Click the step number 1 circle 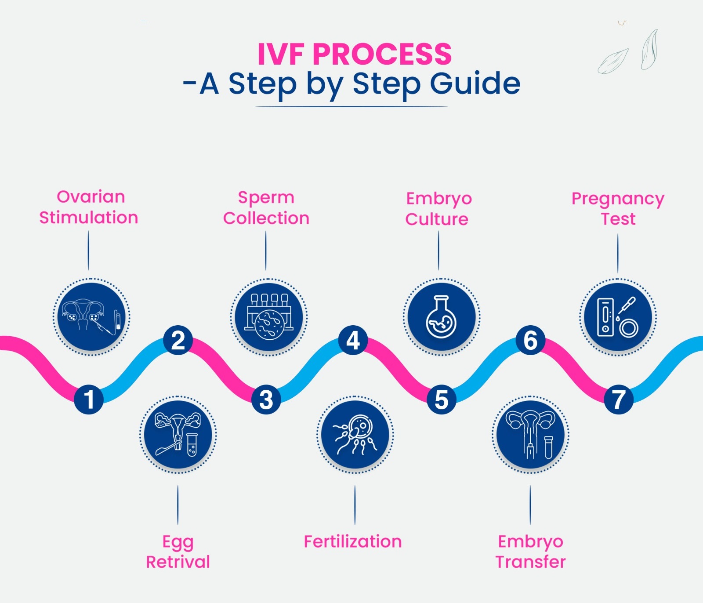click(x=89, y=399)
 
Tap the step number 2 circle click(x=178, y=341)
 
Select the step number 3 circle click(x=266, y=399)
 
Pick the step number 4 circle click(x=353, y=341)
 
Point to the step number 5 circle click(x=442, y=399)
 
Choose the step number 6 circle click(x=530, y=341)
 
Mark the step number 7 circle click(x=619, y=399)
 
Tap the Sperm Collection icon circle click(x=269, y=316)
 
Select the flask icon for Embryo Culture click(x=442, y=316)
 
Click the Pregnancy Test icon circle click(x=618, y=316)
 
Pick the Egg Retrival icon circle click(x=178, y=434)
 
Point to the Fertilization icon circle click(x=355, y=434)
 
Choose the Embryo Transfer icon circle click(x=530, y=434)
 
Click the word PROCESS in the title click(x=382, y=54)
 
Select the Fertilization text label click(x=353, y=541)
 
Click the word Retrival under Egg click(x=178, y=562)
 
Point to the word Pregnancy click(x=618, y=199)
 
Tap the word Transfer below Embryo click(x=530, y=562)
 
